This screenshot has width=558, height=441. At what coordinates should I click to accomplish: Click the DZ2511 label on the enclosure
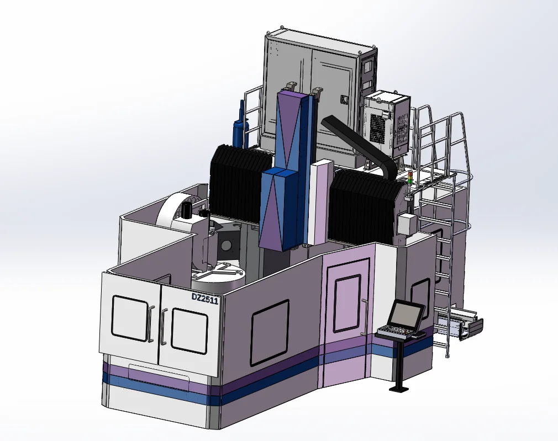pos(204,298)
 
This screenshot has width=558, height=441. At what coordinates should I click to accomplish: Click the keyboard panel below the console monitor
pos(396,332)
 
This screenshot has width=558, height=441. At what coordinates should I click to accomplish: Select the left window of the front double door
pos(129,318)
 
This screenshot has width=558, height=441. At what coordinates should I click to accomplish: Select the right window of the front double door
pos(189,331)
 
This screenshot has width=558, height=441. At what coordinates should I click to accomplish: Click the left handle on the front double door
pos(152,323)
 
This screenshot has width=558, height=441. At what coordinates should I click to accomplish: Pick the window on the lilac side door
pos(348,303)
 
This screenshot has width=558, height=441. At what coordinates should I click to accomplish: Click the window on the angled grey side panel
pos(270,332)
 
